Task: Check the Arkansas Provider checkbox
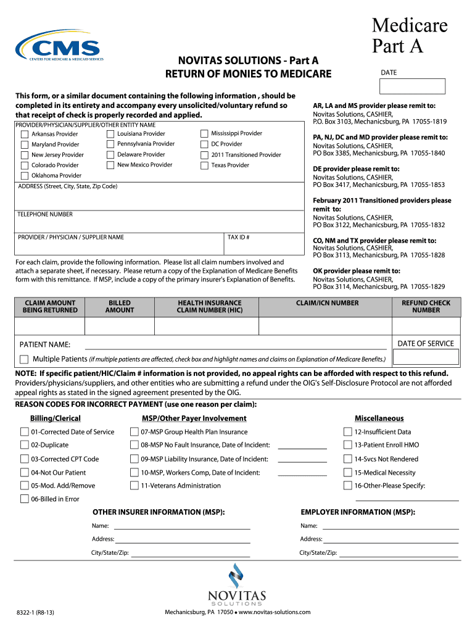coord(24,134)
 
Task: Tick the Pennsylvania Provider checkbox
coord(110,144)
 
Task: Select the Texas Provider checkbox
coord(204,165)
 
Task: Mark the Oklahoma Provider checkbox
coord(24,176)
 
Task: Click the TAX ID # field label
coord(238,237)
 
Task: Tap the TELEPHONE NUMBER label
coord(44,215)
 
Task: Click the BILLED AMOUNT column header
coord(119,307)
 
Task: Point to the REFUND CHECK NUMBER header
coord(426,307)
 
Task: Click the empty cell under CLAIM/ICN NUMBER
coord(327,326)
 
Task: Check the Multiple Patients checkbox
coord(24,359)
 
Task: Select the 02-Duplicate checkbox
coord(24,445)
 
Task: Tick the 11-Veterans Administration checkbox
coord(134,486)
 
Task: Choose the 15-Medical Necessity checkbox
coord(347,473)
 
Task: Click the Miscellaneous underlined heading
coord(379,418)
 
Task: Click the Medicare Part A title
coord(409,36)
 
